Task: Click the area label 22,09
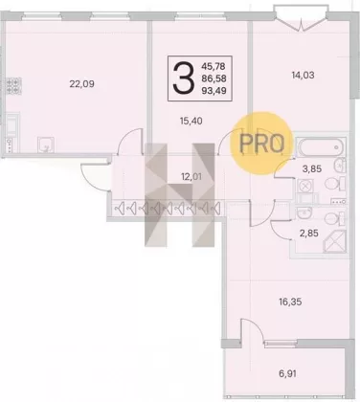point(81,84)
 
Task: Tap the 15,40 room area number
point(191,121)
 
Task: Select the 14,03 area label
point(303,75)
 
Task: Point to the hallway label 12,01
point(191,176)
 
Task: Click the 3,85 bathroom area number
point(312,168)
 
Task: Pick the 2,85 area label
point(308,234)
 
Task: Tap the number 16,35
point(290,301)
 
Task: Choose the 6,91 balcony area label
point(287,373)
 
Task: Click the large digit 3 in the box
point(184,78)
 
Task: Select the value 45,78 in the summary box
point(214,66)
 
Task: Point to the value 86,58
point(214,78)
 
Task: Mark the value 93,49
point(214,91)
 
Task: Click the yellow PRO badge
point(261,144)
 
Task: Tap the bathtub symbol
point(321,147)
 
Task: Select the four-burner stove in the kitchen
point(13,86)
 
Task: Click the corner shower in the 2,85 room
point(334,241)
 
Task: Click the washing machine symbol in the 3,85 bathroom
point(305,186)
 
